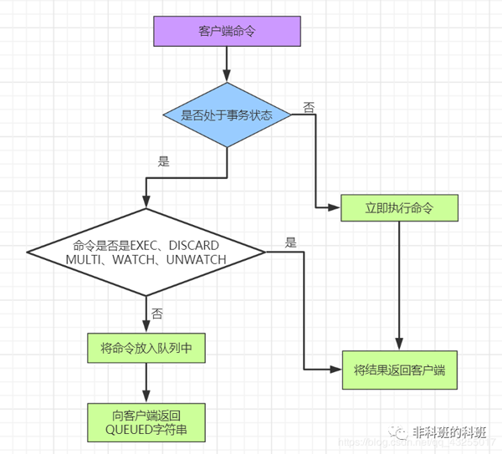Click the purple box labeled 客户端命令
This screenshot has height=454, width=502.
(227, 31)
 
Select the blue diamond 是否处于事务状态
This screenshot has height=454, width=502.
(227, 115)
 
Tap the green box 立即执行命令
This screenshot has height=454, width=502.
(399, 208)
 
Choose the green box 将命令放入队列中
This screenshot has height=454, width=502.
(146, 348)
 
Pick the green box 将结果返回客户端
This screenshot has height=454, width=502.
(399, 370)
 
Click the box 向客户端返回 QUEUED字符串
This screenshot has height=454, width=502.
(146, 422)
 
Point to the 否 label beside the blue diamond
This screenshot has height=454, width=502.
(309, 108)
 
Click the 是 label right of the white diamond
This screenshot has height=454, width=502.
(291, 242)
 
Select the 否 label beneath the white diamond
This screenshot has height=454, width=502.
(157, 314)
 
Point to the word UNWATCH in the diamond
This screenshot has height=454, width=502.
(197, 260)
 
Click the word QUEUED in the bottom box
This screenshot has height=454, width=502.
(130, 430)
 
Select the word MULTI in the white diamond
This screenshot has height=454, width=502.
(84, 260)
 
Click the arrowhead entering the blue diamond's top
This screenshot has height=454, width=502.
(227, 77)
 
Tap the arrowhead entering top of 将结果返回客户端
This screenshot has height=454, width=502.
(399, 345)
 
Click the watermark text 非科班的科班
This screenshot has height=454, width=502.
(448, 432)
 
